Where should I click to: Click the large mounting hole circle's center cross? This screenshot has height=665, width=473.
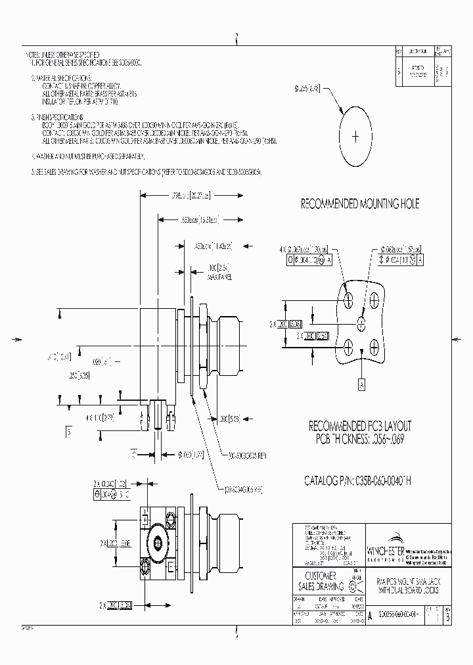click(355, 137)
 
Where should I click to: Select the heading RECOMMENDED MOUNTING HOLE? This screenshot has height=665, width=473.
click(359, 204)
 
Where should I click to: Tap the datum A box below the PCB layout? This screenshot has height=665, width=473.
click(361, 384)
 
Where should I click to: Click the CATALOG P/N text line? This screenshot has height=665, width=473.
click(357, 480)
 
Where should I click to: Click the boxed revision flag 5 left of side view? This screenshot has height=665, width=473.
click(68, 431)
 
